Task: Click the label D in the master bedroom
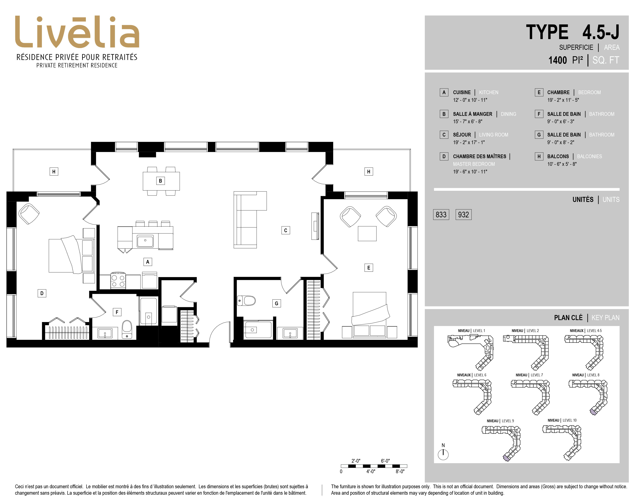[42, 293]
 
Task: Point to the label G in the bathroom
[276, 303]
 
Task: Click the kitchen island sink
[145, 241]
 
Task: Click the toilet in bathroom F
[127, 329]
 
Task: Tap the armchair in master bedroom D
[29, 214]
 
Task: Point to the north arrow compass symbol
[443, 454]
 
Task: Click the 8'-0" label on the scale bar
[400, 471]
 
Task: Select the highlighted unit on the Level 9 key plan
[506, 458]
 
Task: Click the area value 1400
[558, 60]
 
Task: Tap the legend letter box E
[539, 92]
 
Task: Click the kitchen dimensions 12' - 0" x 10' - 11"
[470, 100]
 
